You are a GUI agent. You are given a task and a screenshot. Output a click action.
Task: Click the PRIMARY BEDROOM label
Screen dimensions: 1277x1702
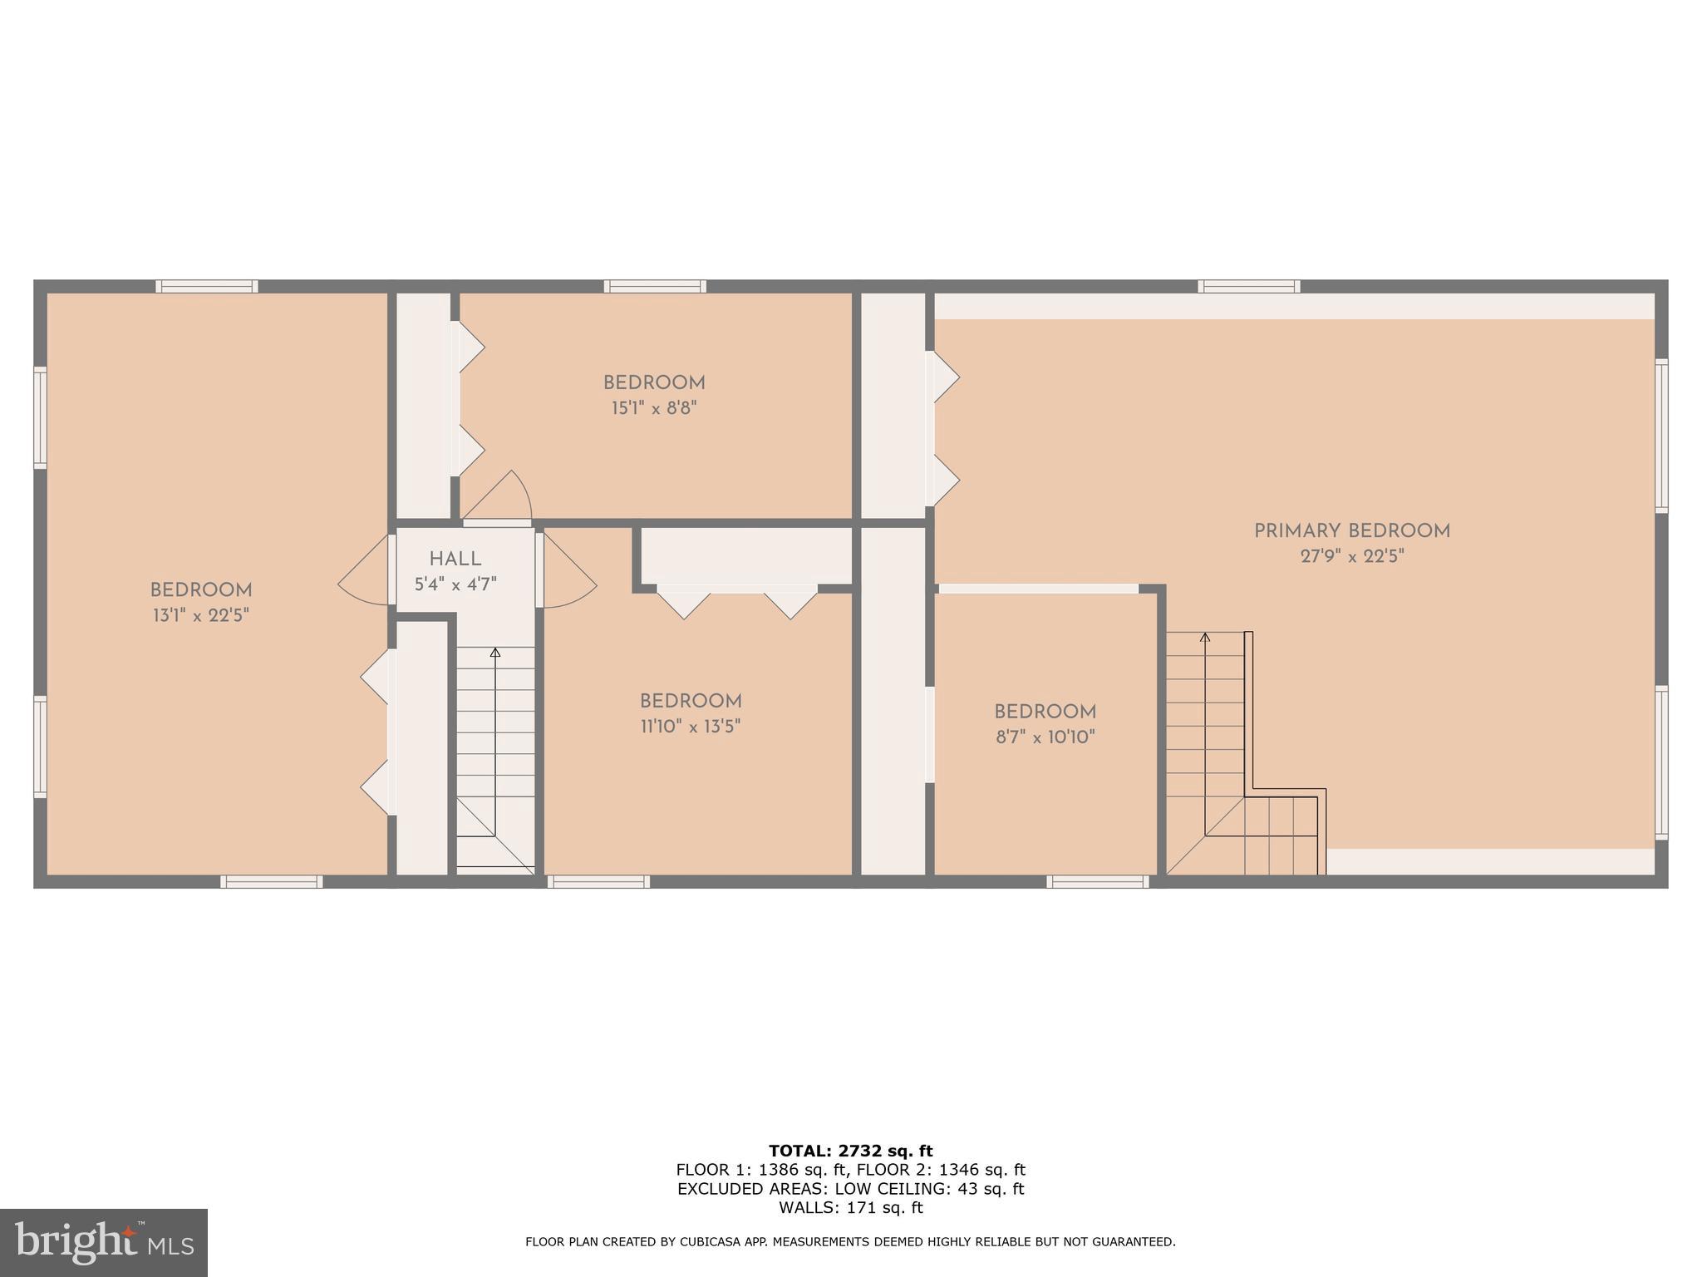pos(1351,531)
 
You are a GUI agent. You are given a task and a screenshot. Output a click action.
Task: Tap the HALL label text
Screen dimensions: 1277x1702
pos(455,560)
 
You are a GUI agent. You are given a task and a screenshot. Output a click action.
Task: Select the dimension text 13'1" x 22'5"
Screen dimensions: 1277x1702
pos(200,616)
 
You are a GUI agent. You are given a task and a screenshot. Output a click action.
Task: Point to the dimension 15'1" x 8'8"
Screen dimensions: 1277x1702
pos(654,409)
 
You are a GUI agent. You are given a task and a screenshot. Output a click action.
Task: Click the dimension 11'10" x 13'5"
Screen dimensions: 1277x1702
pos(690,727)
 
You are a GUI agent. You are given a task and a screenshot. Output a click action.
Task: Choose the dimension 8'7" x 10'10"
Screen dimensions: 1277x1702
pos(1045,737)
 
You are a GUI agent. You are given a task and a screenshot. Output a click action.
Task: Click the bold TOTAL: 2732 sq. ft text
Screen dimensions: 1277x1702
pos(850,1151)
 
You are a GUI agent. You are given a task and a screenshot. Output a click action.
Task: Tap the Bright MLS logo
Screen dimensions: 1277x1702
pos(103,1242)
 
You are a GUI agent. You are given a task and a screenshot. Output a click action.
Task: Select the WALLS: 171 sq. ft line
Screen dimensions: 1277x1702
pos(850,1208)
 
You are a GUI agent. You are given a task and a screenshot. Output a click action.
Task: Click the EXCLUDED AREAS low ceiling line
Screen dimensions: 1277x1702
pos(850,1189)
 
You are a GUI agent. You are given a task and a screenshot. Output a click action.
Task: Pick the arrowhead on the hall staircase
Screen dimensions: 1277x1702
pos(495,653)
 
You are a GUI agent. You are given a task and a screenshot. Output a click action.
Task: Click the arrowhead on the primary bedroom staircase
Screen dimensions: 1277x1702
pos(1205,638)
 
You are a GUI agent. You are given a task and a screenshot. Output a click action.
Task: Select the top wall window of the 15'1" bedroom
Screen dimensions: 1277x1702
pos(655,287)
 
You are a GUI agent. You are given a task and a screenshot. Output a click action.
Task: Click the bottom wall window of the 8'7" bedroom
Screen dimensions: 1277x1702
pos(1097,881)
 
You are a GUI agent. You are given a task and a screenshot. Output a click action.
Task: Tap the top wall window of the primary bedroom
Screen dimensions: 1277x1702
pos(1248,287)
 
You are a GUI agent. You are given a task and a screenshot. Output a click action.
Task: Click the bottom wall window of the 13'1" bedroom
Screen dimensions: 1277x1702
pos(271,881)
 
